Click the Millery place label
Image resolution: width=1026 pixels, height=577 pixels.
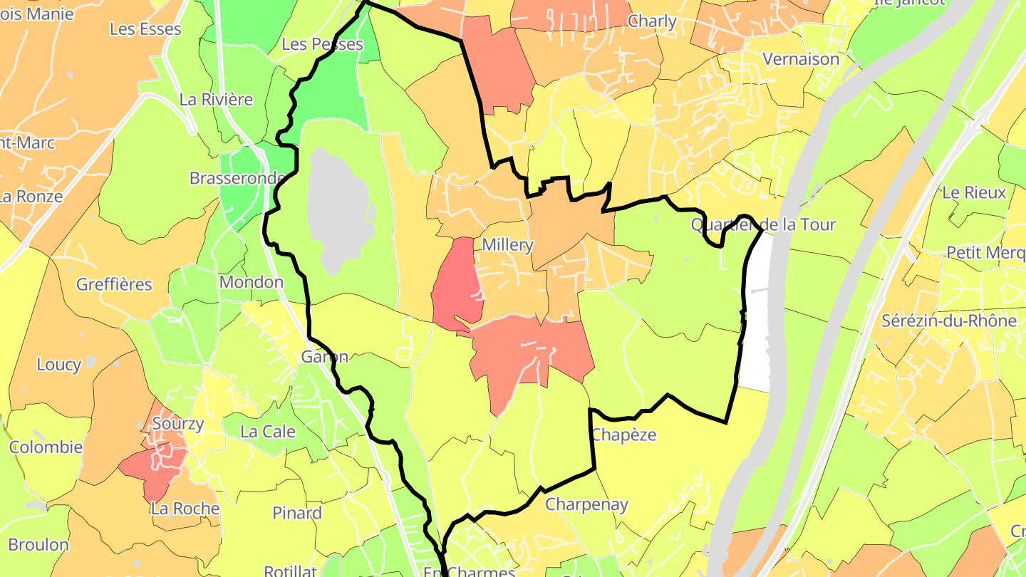pos(507,245)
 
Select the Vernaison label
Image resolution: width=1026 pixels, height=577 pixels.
pos(801,59)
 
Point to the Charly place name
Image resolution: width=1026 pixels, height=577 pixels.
pos(652,21)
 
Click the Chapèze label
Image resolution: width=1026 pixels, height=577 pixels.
pos(623,435)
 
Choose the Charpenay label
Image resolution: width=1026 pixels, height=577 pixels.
pos(586,505)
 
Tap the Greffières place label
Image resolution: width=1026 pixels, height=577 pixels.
pos(114,285)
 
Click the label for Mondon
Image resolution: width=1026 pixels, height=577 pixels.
pos(251,282)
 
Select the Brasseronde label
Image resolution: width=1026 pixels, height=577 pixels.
pos(237,178)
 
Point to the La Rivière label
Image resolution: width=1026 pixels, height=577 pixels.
pos(216,100)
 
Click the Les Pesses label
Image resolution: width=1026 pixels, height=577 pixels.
pos(322,44)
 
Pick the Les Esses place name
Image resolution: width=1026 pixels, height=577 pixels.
pos(145,29)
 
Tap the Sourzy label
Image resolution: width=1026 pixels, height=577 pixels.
pos(178,424)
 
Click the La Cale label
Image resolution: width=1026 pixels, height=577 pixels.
pos(268,432)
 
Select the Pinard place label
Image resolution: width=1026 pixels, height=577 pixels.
pos(297,513)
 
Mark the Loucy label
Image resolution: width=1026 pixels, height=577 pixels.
pos(58,365)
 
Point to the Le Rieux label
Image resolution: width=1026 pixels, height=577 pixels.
pos(974,192)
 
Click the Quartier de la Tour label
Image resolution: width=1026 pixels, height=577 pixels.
pos(763,225)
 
